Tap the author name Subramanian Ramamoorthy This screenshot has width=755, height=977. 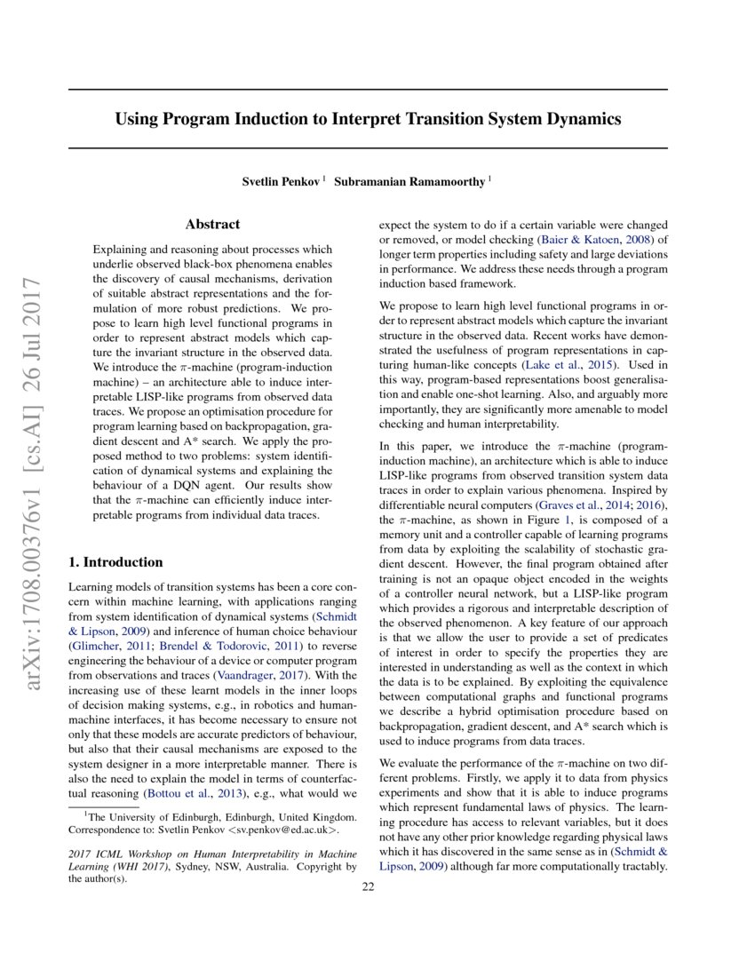click(412, 181)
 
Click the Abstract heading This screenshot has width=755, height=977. click(212, 225)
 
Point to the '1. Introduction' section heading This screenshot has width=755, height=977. click(115, 562)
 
